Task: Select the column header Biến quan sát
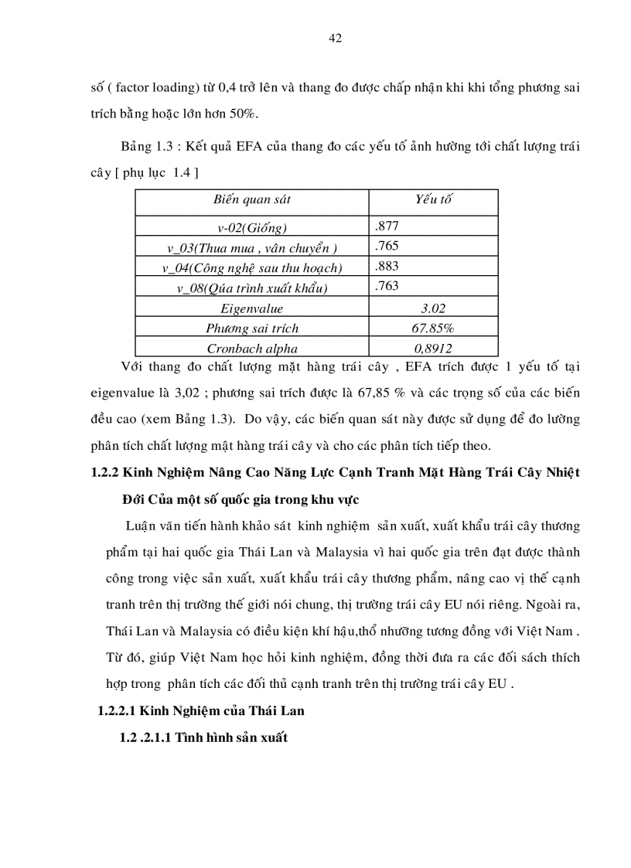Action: (252, 199)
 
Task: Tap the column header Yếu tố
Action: (433, 199)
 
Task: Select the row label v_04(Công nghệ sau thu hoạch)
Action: (252, 268)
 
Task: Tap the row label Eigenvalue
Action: (252, 308)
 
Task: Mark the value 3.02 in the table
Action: (433, 308)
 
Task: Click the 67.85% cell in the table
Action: (433, 328)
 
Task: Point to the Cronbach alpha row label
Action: (252, 348)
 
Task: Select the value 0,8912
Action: (433, 348)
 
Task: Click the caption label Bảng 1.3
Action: (147, 146)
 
